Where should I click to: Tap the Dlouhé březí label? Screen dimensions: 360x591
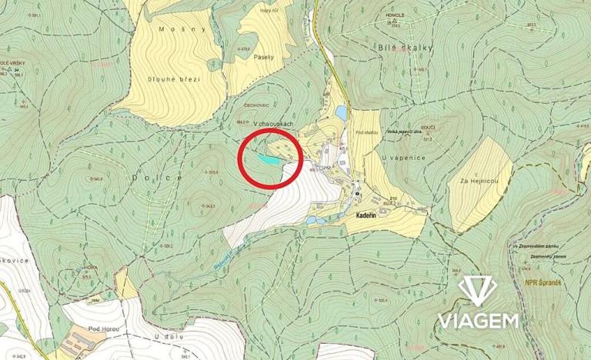pyautogui.click(x=175, y=78)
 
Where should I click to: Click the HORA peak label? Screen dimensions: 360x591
pyautogui.click(x=90, y=268)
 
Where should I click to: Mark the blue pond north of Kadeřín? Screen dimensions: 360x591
pyautogui.click(x=339, y=113)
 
